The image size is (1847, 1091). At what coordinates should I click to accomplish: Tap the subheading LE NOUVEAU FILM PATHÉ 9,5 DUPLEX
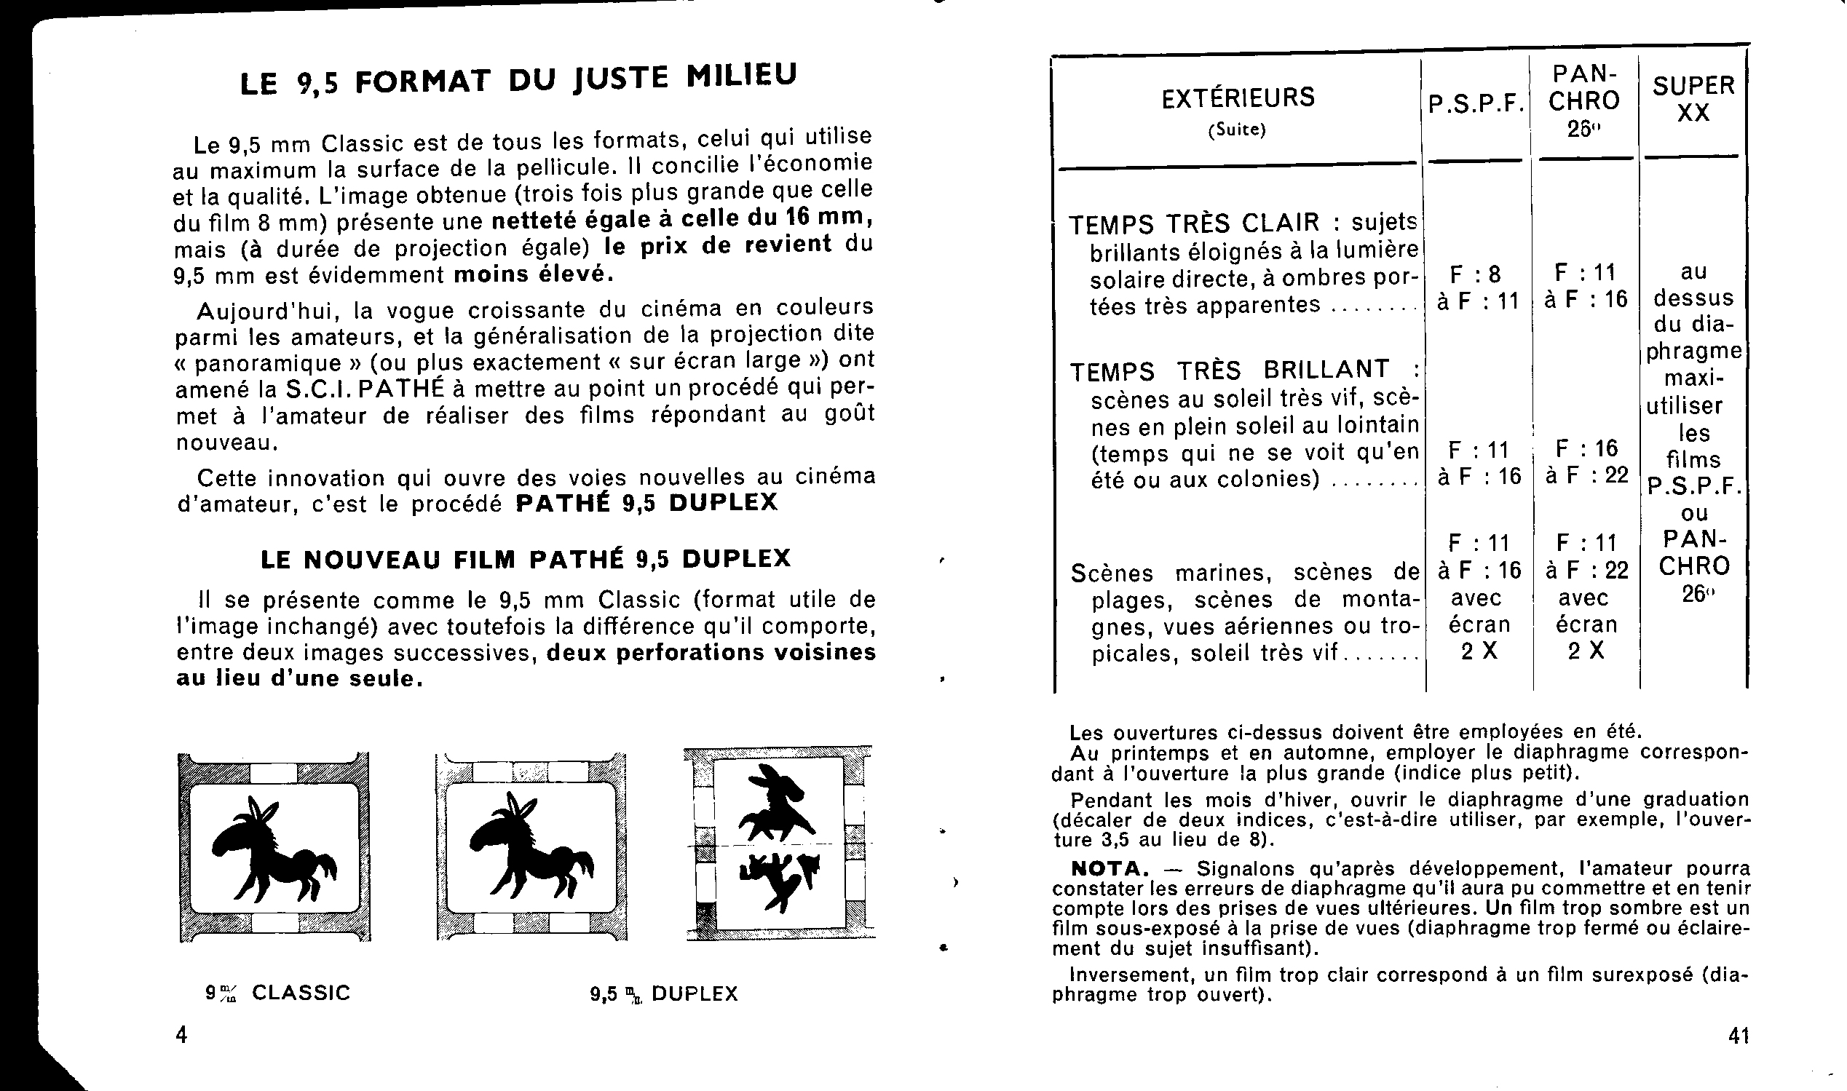point(526,560)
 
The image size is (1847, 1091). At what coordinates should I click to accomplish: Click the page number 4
point(181,1034)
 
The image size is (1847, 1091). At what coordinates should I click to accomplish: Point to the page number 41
point(1739,1036)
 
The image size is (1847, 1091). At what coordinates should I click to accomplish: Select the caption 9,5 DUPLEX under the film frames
point(664,994)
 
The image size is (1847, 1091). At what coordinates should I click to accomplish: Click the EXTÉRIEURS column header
point(1238,98)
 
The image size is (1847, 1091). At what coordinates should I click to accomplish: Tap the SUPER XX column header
point(1693,99)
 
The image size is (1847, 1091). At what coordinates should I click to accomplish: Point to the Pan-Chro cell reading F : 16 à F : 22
point(1586,461)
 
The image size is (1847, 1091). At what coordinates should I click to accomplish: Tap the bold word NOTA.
point(1110,868)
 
